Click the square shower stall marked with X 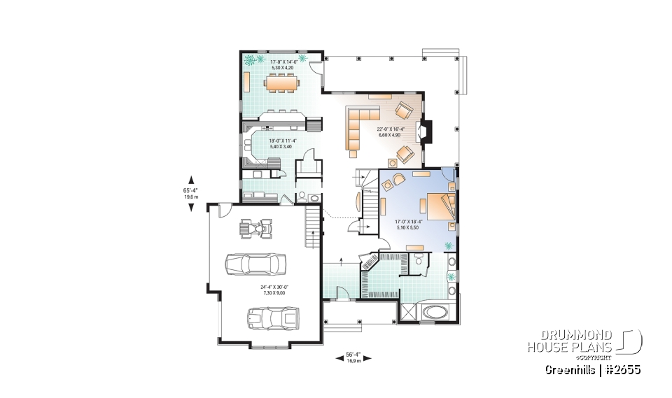408,312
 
